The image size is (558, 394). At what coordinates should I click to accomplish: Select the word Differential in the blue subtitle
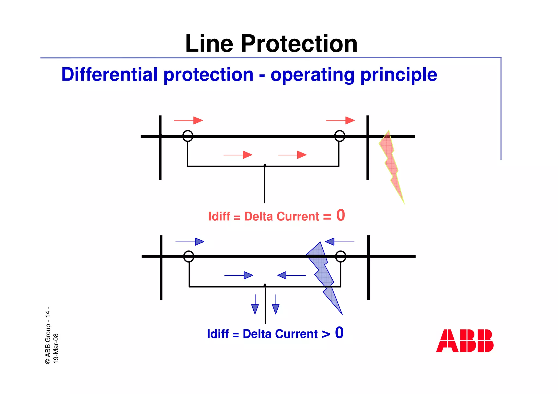pyautogui.click(x=110, y=75)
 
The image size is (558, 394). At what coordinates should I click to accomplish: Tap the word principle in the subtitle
pyautogui.click(x=399, y=75)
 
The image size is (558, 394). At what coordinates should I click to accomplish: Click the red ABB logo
pyautogui.click(x=465, y=341)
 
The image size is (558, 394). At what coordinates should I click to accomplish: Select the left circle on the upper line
pyautogui.click(x=188, y=136)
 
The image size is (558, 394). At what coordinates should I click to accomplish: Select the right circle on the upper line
pyautogui.click(x=339, y=136)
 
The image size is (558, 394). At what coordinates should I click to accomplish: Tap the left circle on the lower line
pyautogui.click(x=189, y=256)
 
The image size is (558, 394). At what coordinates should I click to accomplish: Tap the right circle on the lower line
pyautogui.click(x=341, y=256)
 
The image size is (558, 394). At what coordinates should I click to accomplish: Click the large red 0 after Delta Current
pyautogui.click(x=341, y=215)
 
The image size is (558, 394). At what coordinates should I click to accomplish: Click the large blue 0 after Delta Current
pyautogui.click(x=339, y=332)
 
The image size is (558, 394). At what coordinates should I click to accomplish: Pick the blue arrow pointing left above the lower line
pyautogui.click(x=339, y=242)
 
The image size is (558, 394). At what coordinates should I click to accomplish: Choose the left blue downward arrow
pyautogui.click(x=255, y=305)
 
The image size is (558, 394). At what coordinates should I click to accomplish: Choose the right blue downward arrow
pyautogui.click(x=276, y=305)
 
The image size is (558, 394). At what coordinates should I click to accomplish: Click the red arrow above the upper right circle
pyautogui.click(x=340, y=120)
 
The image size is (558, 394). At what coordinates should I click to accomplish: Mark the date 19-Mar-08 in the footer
pyautogui.click(x=56, y=348)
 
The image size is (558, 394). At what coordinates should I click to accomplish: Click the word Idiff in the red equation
pyautogui.click(x=219, y=216)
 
